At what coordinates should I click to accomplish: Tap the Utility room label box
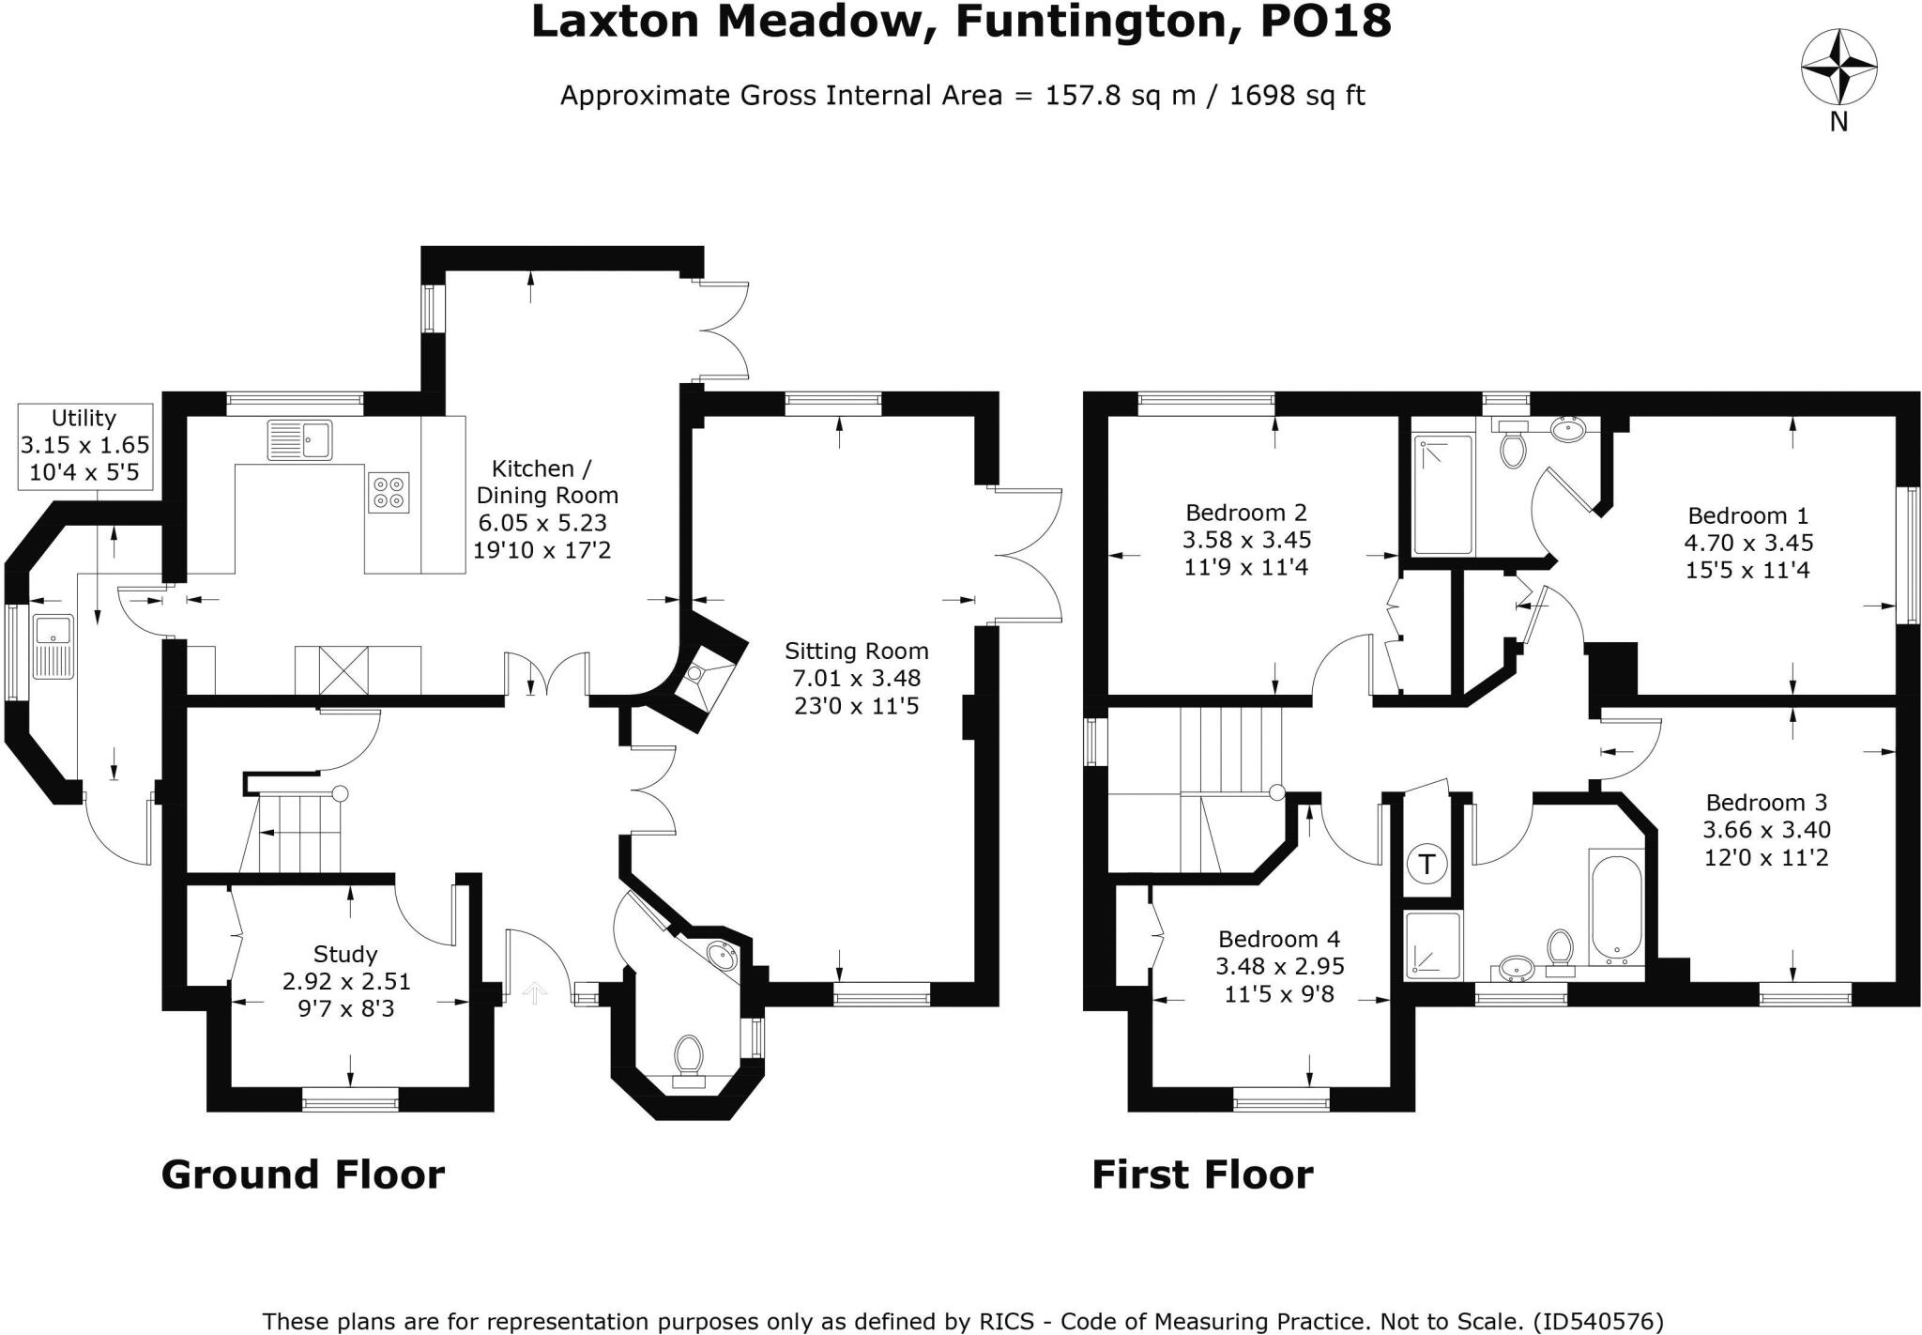[85, 446]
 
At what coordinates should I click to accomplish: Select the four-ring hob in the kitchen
[389, 491]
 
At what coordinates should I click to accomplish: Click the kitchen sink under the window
[299, 439]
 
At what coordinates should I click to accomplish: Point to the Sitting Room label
[856, 651]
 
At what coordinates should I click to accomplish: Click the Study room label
[345, 954]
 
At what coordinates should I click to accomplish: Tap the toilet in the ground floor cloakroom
[689, 1056]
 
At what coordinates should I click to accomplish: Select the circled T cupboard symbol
[1427, 863]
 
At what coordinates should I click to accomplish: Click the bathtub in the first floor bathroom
[1616, 907]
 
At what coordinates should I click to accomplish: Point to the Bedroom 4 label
[1279, 939]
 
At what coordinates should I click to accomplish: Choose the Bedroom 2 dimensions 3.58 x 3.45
[1246, 540]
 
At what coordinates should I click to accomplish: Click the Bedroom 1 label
[1747, 515]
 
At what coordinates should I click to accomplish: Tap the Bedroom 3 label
[1766, 803]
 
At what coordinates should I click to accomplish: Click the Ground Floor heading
[302, 1174]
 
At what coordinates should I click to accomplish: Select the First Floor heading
[1202, 1174]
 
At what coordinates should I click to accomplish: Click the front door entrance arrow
[534, 991]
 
